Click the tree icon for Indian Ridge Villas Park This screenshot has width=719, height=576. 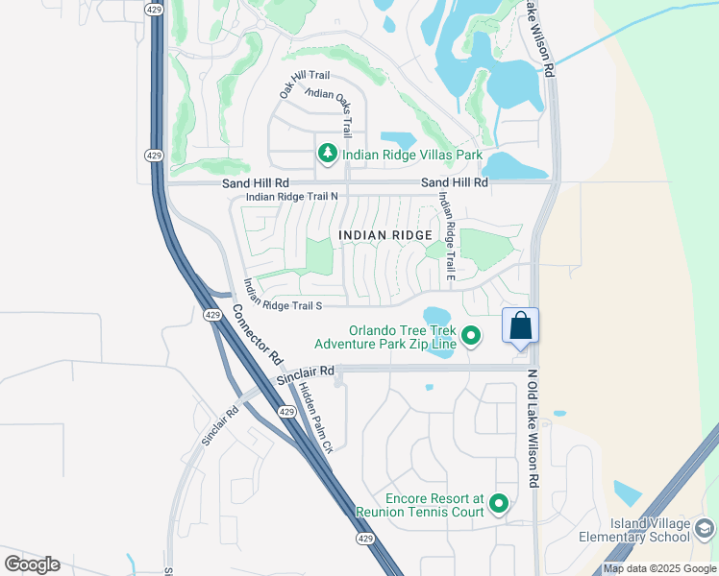(327, 154)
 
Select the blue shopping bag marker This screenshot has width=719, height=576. (520, 325)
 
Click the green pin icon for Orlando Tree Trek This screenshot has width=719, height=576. (471, 335)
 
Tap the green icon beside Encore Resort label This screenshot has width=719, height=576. (498, 503)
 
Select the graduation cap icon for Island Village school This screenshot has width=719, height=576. (704, 529)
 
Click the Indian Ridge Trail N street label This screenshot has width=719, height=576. (292, 197)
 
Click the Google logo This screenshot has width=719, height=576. (32, 564)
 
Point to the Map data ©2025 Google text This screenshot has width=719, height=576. (659, 568)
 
